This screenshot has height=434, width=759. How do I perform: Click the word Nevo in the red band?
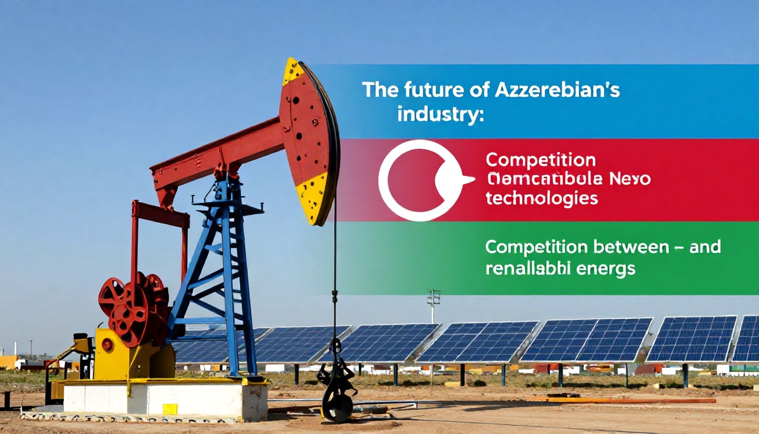[x=631, y=179]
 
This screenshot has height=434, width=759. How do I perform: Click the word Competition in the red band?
[x=541, y=160]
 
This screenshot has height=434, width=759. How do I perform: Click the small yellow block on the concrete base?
[x=170, y=409]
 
